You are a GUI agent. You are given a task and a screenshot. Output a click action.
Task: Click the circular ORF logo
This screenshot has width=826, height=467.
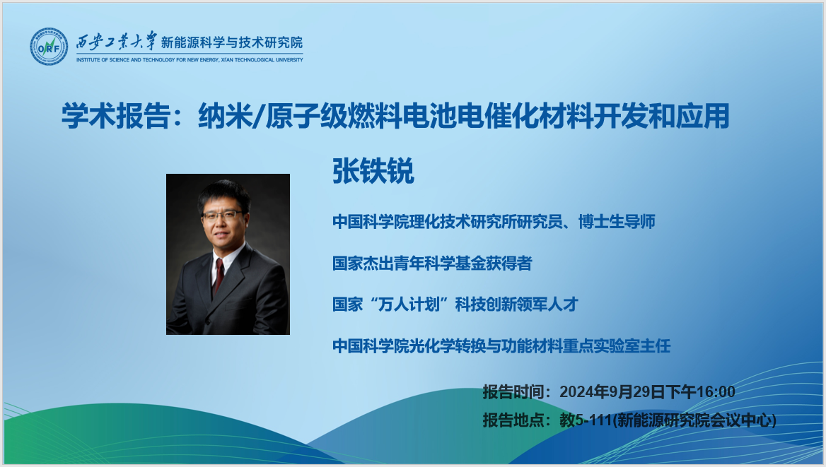coord(49,47)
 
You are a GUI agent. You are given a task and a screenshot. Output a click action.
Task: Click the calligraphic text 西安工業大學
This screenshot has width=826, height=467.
coord(117,41)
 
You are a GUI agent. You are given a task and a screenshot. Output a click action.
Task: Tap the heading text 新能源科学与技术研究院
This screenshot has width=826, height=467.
coord(232,42)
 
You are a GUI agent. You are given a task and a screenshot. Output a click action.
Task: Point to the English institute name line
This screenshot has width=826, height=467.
coord(190,60)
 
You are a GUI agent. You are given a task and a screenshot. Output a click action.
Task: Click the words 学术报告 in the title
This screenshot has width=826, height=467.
coord(116,116)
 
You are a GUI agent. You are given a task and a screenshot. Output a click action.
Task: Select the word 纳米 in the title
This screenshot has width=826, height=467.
coord(226,116)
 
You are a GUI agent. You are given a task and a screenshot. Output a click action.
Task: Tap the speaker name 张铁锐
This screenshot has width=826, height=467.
coord(373,170)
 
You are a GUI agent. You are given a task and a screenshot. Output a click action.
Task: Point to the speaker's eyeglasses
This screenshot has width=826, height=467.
coord(222,215)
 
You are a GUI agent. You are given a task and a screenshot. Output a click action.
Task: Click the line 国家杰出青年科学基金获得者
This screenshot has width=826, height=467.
coord(432,264)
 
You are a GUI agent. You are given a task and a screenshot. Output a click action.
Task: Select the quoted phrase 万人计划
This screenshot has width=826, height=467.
coord(409,305)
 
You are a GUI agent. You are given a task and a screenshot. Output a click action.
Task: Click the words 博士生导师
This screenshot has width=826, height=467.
coord(617,222)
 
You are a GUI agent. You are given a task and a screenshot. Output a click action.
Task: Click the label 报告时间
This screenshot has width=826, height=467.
coord(513,391)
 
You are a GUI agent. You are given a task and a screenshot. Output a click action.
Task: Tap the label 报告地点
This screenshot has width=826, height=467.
coord(513,420)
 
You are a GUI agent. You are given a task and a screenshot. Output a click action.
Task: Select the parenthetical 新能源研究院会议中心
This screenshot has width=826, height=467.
coord(695,420)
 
